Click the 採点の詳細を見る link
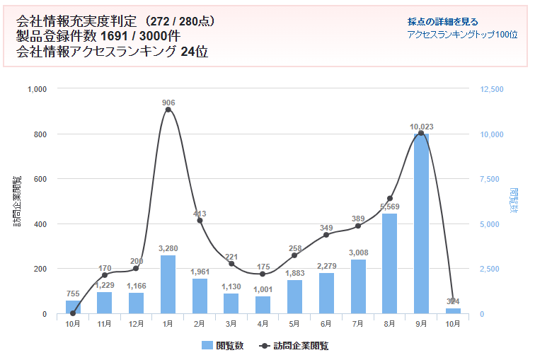(443, 21)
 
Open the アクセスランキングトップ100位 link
(462, 34)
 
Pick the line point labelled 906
(168, 110)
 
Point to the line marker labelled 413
(200, 221)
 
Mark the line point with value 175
(263, 274)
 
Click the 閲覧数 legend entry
(223, 346)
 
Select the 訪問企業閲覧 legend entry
(293, 346)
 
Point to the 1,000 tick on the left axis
(36, 89)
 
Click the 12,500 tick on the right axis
(490, 89)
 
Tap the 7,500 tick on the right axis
(490, 179)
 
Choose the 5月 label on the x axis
(294, 324)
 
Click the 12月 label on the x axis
(136, 324)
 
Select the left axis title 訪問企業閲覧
(16, 202)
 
